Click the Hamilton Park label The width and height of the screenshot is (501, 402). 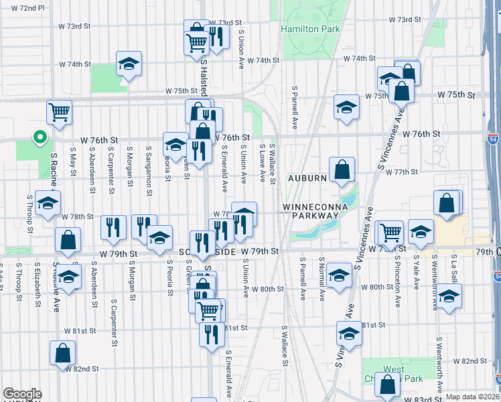coord(310,29)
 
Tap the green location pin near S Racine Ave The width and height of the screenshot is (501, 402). coord(40,138)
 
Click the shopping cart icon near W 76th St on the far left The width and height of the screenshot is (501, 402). coord(60,112)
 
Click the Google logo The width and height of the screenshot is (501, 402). coord(22,394)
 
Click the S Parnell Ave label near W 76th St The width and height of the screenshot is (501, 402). coord(294,107)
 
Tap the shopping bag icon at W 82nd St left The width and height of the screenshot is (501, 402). coord(62,354)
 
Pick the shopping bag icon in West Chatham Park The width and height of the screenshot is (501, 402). coord(388,385)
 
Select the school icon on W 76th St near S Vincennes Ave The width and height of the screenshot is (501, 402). coord(346,107)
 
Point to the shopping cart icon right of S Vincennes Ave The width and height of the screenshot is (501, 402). coord(390,232)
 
